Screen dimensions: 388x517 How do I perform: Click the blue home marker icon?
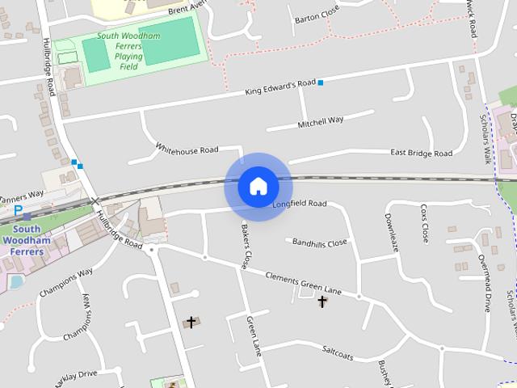coord(258,187)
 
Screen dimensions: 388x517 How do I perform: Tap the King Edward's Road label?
coord(280,88)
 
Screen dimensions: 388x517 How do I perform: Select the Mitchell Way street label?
coord(321,121)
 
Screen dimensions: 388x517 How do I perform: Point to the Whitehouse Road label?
coord(187,150)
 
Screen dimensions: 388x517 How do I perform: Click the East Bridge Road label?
coord(421,153)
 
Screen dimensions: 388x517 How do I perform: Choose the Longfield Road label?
coord(299,204)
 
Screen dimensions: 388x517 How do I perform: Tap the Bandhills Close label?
coord(320,242)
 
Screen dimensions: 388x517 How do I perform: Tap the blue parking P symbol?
coord(17,209)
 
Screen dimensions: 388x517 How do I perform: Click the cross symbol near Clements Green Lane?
coord(322,302)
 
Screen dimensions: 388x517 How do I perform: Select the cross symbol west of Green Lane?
coord(191,323)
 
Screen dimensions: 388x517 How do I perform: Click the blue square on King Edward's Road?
coord(321,82)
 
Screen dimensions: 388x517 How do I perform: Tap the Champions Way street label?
coord(66,283)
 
